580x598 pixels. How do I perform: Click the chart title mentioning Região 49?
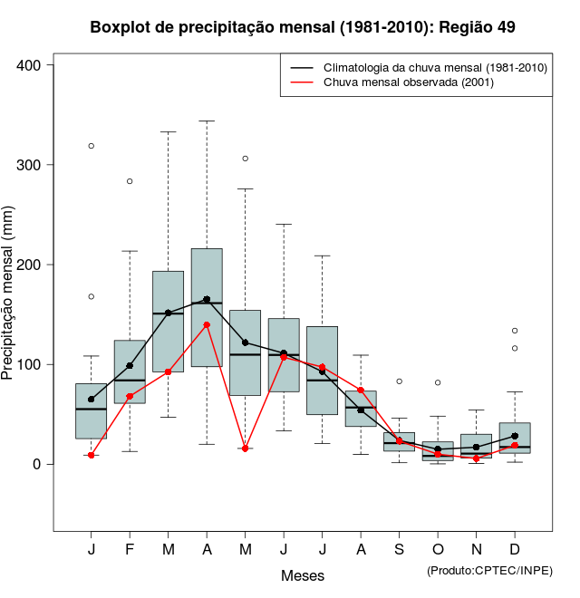pos(303,27)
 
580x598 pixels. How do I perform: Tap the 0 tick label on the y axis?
pos(38,464)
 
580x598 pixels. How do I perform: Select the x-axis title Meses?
pos(303,575)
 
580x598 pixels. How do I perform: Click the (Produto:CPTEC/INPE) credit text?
pos(489,570)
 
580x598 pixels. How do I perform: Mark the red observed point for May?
pos(246,448)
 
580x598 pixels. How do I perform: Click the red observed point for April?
pos(207,324)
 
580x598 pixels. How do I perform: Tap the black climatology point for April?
pos(207,300)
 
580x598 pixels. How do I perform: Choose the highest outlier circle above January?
pos(92,146)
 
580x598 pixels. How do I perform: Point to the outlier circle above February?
pos(130,181)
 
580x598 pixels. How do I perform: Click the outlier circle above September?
pos(400,381)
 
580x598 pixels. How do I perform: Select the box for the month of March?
pos(169,321)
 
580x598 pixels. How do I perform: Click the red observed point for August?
pos(361,391)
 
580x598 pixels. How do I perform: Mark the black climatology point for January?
pos(92,399)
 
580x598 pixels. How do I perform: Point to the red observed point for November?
pos(477,458)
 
